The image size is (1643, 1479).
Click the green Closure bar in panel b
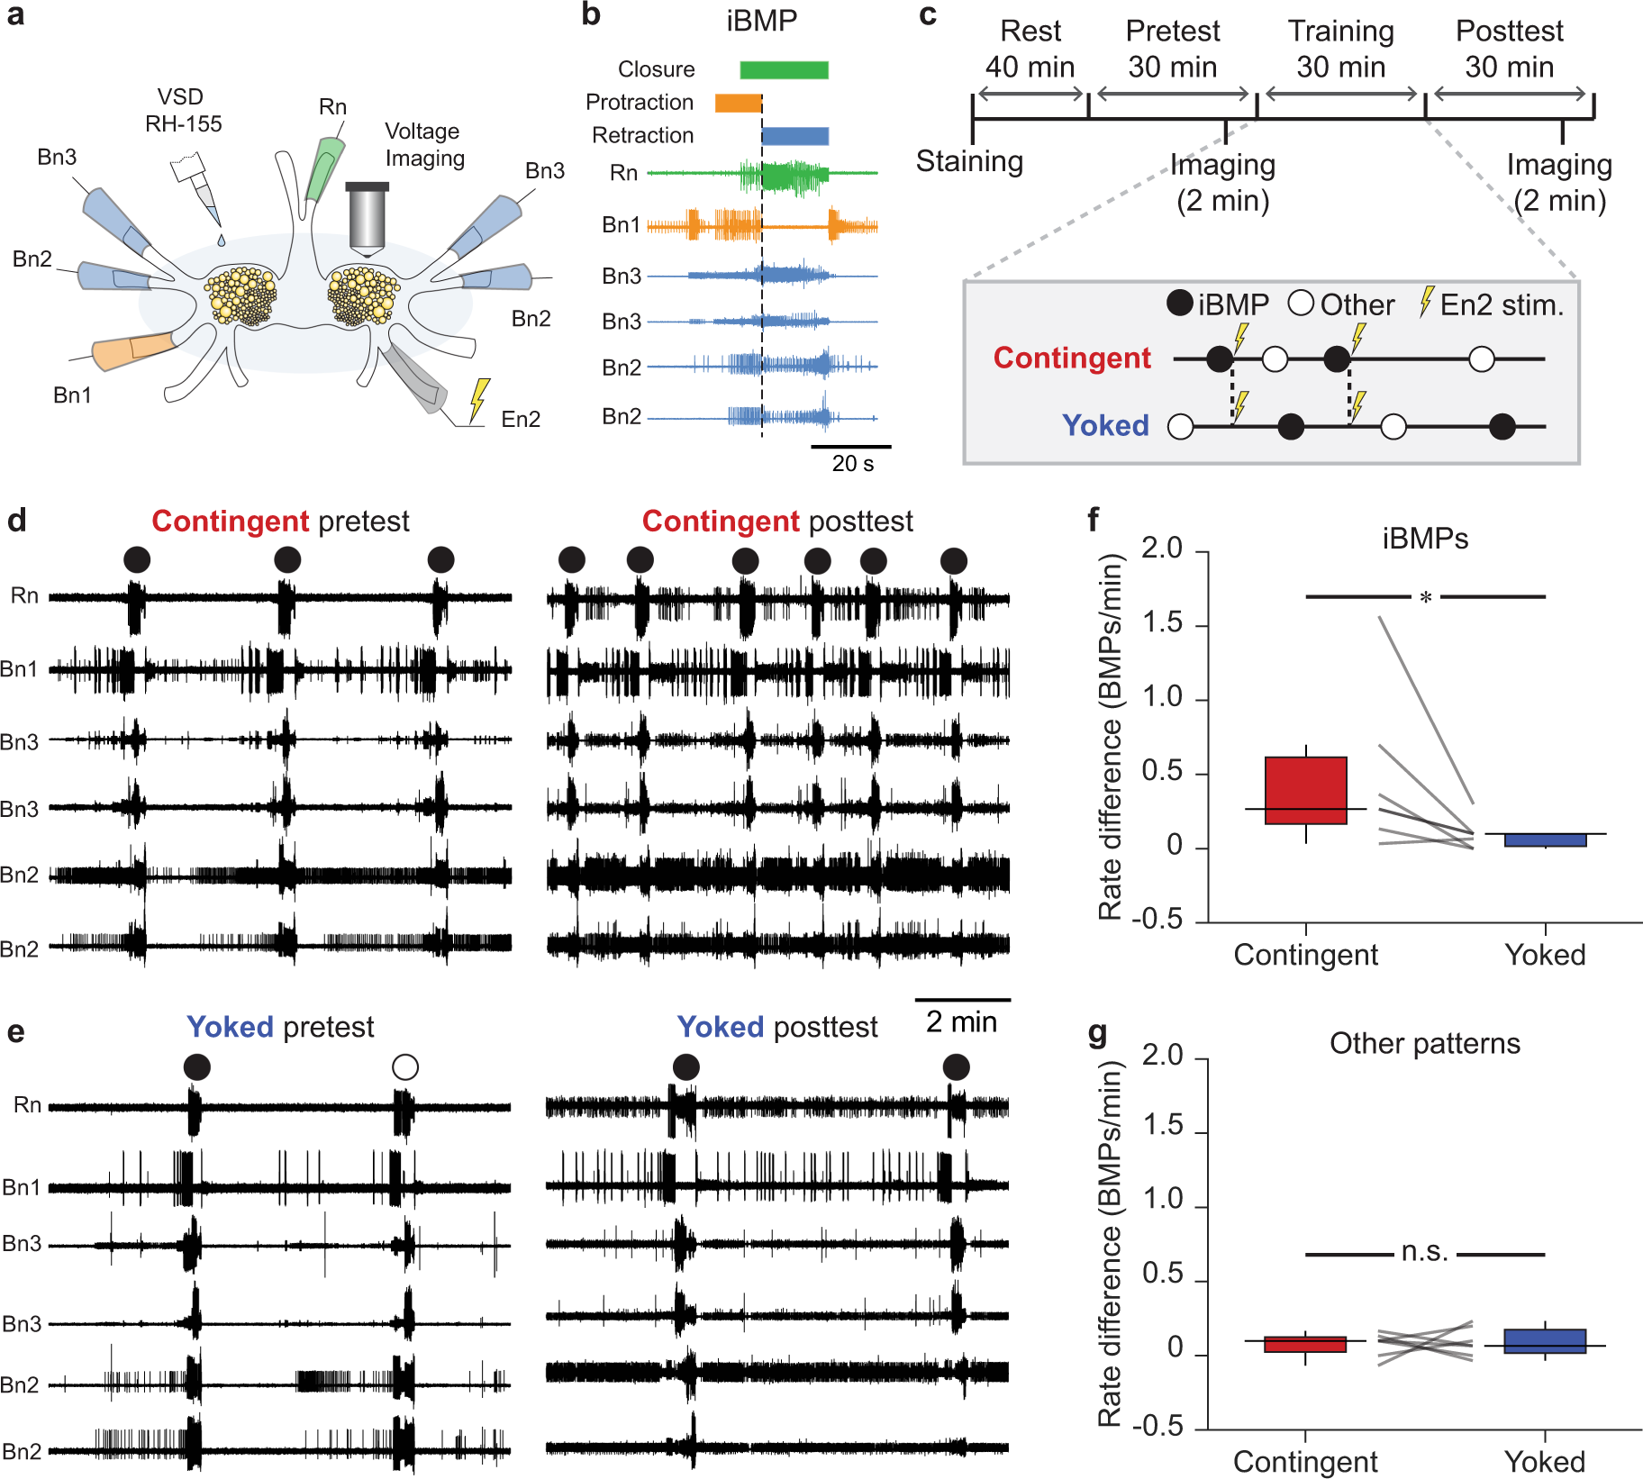click(784, 69)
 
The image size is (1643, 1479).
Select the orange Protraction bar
click(738, 103)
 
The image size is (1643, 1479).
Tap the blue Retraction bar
click(794, 136)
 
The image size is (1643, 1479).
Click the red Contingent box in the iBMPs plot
click(1305, 790)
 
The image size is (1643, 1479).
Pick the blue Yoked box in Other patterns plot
click(1545, 1341)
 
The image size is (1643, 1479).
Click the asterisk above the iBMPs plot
click(1425, 597)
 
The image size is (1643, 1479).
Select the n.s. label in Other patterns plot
click(1424, 1252)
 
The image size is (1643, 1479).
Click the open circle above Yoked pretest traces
click(405, 1067)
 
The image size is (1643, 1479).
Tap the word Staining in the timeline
click(969, 161)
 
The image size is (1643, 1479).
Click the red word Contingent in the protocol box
click(1071, 358)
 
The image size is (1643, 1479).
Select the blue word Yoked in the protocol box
click(1105, 425)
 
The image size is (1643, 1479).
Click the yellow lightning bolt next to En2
click(480, 399)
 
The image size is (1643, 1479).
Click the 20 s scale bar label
click(852, 464)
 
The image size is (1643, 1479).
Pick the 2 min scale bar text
click(961, 1021)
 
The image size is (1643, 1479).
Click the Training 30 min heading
click(1340, 49)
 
